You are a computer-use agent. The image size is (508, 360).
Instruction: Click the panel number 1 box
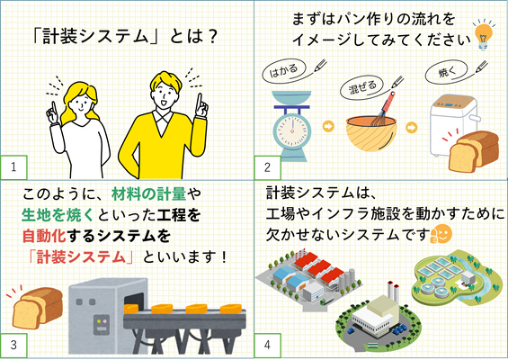[13, 167]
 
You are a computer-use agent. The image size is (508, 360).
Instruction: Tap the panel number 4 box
[267, 345]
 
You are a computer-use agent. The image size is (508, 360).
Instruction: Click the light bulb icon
[484, 35]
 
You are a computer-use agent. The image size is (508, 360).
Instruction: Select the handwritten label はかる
[283, 70]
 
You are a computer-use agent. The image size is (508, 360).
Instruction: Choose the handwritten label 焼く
[447, 72]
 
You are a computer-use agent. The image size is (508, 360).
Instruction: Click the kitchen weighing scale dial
[292, 130]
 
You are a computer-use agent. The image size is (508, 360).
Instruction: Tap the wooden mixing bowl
[371, 133]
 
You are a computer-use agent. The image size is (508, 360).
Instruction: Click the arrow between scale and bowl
[328, 126]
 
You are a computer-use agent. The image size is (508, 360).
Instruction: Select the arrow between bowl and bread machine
[412, 127]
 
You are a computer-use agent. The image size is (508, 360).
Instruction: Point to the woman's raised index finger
[54, 107]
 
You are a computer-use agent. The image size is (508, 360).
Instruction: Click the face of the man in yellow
[165, 94]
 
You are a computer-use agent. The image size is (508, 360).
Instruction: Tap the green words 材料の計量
[149, 193]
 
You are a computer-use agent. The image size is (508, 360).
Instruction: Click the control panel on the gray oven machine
[102, 325]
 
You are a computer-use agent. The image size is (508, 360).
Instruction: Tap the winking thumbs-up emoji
[441, 233]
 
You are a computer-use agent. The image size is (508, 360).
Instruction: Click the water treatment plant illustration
[457, 277]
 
